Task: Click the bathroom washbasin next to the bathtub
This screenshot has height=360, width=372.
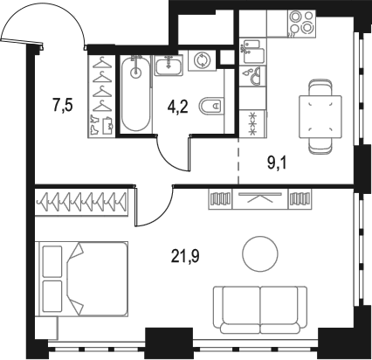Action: pyautogui.click(x=168, y=64)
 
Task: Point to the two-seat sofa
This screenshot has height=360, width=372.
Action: pyautogui.click(x=260, y=309)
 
